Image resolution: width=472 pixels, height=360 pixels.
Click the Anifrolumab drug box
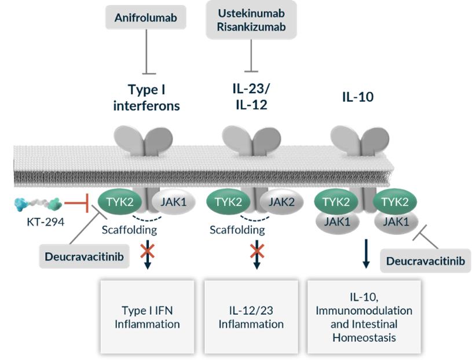(145, 17)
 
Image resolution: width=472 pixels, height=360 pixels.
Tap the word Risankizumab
(251, 27)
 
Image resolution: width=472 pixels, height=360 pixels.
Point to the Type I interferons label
(153, 98)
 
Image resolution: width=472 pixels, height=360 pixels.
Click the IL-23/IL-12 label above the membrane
(251, 97)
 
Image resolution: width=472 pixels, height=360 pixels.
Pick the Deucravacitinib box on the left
(83, 256)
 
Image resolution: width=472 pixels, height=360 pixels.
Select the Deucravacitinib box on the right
(425, 261)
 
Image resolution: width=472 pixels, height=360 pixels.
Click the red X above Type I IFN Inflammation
(148, 251)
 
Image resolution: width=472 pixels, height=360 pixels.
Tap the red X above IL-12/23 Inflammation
(256, 251)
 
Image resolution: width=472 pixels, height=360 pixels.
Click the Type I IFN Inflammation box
(147, 317)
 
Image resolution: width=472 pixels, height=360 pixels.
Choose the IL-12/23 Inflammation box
(251, 317)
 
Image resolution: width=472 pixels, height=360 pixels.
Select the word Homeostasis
(364, 337)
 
